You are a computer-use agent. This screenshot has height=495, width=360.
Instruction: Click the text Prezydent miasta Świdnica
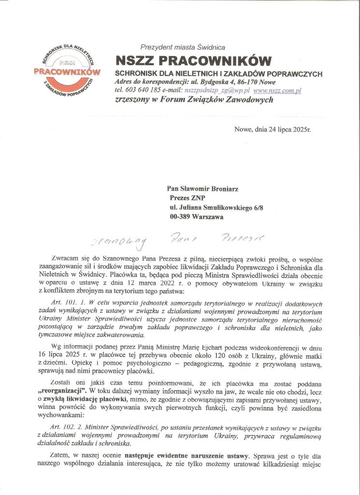tap(183, 47)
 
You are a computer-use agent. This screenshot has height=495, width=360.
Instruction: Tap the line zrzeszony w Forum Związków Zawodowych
tap(187, 100)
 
